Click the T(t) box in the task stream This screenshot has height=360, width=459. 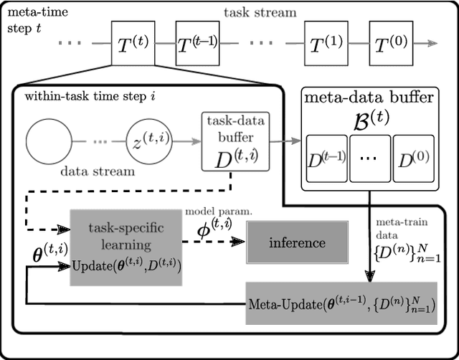pyautogui.click(x=132, y=43)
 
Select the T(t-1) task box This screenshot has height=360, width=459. pyautogui.click(x=197, y=43)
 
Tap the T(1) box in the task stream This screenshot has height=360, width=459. pyautogui.click(x=326, y=43)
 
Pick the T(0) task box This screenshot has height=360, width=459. pyautogui.click(x=392, y=43)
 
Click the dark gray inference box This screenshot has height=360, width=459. pyautogui.click(x=296, y=243)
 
